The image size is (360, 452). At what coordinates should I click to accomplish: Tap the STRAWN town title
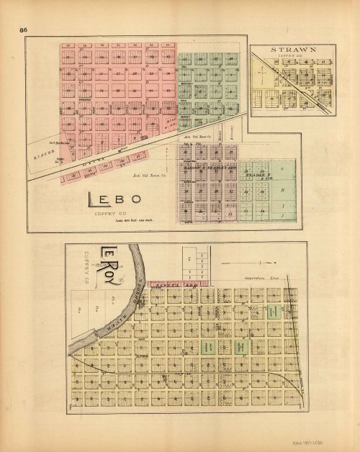[x=294, y=50]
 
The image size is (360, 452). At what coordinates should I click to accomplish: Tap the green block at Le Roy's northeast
[x=274, y=312]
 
